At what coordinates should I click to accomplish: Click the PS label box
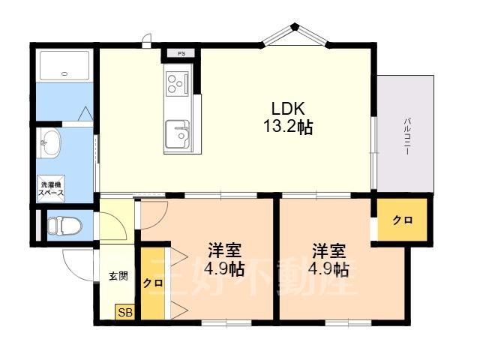[181, 53]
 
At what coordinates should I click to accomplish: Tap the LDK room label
[288, 108]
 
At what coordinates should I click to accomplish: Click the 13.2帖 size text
[288, 126]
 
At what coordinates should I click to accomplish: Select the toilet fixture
[65, 226]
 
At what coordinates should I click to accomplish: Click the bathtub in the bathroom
[64, 65]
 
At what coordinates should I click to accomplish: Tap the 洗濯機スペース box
[51, 188]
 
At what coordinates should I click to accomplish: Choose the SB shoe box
[125, 312]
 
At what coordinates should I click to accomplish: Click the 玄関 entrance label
[118, 277]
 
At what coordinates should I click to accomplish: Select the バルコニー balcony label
[407, 136]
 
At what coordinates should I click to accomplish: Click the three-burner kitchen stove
[177, 82]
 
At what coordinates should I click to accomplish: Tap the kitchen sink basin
[177, 134]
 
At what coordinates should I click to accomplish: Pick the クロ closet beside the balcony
[402, 220]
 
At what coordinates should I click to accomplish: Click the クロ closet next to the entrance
[153, 283]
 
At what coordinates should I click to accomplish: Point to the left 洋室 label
[225, 250]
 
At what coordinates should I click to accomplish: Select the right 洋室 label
[328, 250]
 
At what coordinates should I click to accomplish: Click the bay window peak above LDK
[295, 26]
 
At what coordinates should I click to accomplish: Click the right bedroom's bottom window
[348, 322]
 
